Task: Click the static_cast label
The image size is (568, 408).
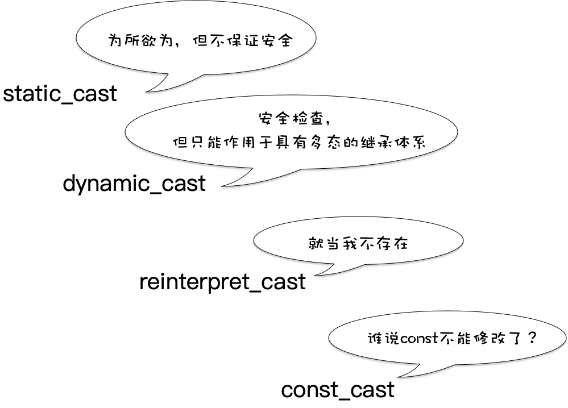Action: coord(60,94)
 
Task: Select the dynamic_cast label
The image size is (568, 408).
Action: coord(134,184)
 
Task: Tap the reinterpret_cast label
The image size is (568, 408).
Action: coord(222,282)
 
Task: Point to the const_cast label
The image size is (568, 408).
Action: coord(338,390)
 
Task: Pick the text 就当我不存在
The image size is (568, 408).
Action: coord(358,244)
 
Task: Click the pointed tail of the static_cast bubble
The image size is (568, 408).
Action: coord(149,90)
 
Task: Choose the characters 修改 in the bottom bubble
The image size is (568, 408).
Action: coord(488,339)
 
